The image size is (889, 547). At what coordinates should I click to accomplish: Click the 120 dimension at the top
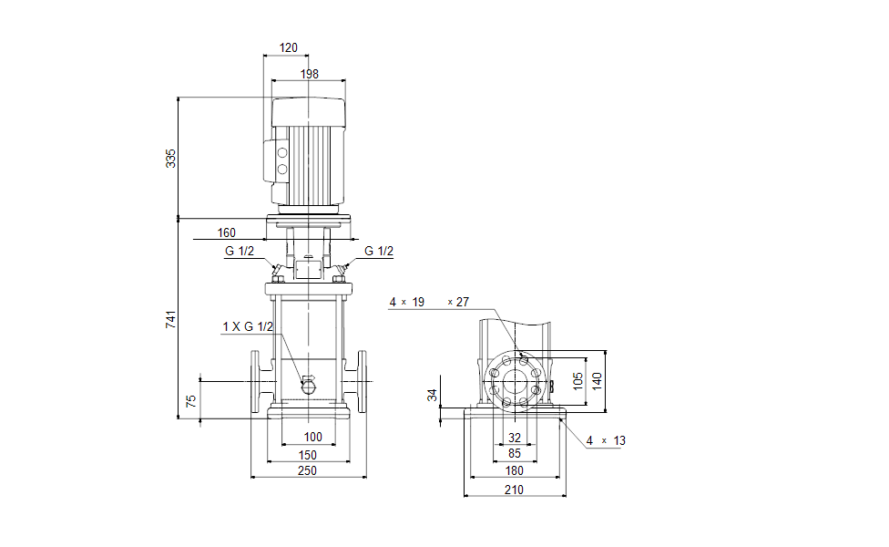click(288, 46)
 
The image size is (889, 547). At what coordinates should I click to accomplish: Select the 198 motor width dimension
click(309, 74)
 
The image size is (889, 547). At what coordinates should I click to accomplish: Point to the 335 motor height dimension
click(170, 157)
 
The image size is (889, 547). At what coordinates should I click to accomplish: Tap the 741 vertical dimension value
click(170, 319)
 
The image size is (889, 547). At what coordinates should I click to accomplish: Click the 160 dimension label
click(227, 232)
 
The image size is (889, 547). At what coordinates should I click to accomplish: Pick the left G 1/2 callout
click(239, 252)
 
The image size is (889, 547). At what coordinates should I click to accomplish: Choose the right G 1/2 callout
click(379, 252)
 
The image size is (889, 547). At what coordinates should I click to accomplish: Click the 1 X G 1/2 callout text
click(247, 326)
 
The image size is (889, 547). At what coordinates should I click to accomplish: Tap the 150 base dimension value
click(308, 454)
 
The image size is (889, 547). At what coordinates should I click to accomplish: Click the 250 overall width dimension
click(308, 470)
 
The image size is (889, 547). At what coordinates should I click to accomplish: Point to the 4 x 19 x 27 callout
click(429, 302)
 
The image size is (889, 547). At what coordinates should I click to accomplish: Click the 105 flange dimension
click(577, 380)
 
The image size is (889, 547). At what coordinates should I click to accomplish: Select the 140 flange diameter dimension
click(598, 380)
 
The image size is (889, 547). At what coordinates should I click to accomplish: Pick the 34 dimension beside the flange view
click(433, 395)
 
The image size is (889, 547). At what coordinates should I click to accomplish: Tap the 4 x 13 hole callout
click(606, 440)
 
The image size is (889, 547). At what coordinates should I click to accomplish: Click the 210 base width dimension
click(514, 490)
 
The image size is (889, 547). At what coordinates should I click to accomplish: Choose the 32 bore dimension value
click(515, 438)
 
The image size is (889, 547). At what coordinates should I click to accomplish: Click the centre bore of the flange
click(515, 380)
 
